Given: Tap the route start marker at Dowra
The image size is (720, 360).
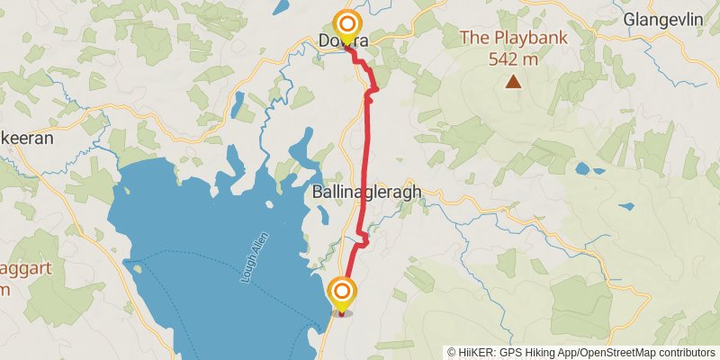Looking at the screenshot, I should pos(346,24).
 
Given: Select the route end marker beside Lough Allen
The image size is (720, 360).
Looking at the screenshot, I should pos(342,292).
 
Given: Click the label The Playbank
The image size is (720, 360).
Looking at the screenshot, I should pos(512,38).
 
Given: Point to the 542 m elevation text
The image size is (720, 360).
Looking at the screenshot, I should pos(513,59).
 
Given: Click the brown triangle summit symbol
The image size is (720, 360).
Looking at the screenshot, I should pos(513,82).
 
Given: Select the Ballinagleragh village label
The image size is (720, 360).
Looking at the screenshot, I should pos(366,193).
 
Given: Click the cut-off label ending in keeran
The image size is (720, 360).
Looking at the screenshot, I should pos(27,139).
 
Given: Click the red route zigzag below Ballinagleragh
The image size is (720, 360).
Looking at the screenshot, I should pos(363,238).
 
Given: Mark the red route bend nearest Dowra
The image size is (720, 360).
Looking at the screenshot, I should pos(371,88).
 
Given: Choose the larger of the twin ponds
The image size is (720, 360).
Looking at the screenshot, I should pos(582,168).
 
